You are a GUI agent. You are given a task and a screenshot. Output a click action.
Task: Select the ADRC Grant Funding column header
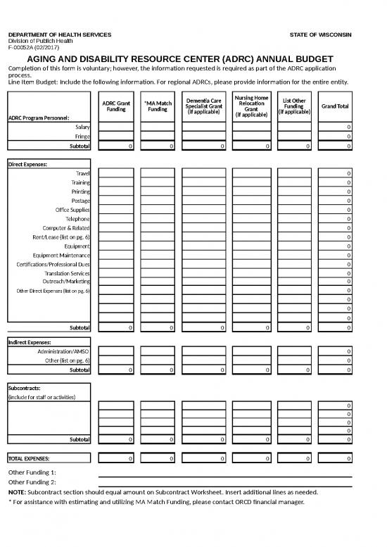point(116,106)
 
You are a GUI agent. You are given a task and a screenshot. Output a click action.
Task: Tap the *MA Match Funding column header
point(158,106)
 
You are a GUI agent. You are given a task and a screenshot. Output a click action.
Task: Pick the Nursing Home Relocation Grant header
point(251,106)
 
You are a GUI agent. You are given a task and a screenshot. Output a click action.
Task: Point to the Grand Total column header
point(334,106)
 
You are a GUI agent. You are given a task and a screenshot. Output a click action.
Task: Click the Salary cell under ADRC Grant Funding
point(116,127)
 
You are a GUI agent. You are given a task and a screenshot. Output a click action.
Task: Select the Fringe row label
point(82,137)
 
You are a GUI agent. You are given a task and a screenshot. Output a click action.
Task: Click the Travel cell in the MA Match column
point(158,173)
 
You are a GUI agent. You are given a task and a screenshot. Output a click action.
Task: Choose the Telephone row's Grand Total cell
point(334,219)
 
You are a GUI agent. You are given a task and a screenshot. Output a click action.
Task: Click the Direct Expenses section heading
point(27,164)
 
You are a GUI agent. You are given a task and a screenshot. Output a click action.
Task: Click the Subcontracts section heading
point(24,388)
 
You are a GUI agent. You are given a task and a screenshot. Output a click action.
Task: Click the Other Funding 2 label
point(32,482)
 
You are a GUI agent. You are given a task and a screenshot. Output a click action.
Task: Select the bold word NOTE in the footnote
point(16,492)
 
